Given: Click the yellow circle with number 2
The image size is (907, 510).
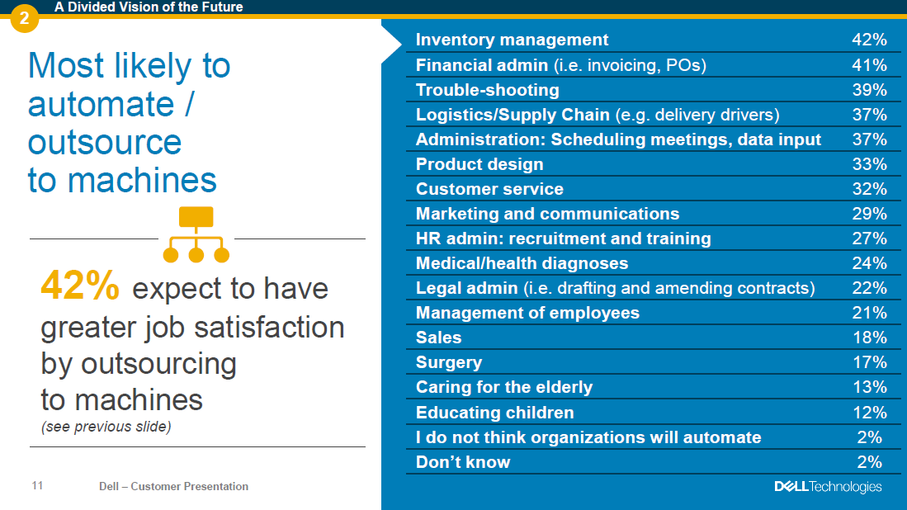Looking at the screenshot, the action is pyautogui.click(x=24, y=18).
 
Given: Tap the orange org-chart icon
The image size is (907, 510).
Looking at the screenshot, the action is pyautogui.click(x=196, y=234).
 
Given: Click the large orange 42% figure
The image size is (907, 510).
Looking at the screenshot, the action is pyautogui.click(x=80, y=285).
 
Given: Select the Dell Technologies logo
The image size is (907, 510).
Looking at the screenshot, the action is pyautogui.click(x=828, y=487).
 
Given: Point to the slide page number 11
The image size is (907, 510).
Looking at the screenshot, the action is pyautogui.click(x=37, y=486).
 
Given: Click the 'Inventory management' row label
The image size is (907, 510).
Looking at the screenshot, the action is pyautogui.click(x=512, y=40).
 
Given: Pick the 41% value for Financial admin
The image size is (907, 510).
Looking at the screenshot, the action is pyautogui.click(x=869, y=64).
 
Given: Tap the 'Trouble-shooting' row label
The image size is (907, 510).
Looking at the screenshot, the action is pyautogui.click(x=488, y=90).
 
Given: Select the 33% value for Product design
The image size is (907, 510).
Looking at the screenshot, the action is pyautogui.click(x=869, y=164).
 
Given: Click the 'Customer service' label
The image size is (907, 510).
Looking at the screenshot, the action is pyautogui.click(x=489, y=189).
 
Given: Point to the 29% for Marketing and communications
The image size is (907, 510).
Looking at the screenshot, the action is pyautogui.click(x=869, y=214).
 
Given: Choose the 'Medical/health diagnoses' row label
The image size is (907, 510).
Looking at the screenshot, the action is pyautogui.click(x=522, y=264).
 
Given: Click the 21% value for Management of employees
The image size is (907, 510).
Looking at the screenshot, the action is pyautogui.click(x=869, y=313).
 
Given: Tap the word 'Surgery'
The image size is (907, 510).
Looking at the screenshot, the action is pyautogui.click(x=449, y=362).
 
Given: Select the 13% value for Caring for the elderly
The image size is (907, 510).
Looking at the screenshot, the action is pyautogui.click(x=870, y=387).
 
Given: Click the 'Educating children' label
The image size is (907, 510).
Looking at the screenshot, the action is pyautogui.click(x=494, y=413).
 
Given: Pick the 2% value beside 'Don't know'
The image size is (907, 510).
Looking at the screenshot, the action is pyautogui.click(x=869, y=462).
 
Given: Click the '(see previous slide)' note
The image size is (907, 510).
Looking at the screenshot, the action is pyautogui.click(x=106, y=427).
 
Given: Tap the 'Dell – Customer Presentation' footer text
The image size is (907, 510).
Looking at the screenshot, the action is pyautogui.click(x=173, y=486).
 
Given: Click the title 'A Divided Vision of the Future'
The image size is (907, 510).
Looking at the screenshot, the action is pyautogui.click(x=149, y=7).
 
